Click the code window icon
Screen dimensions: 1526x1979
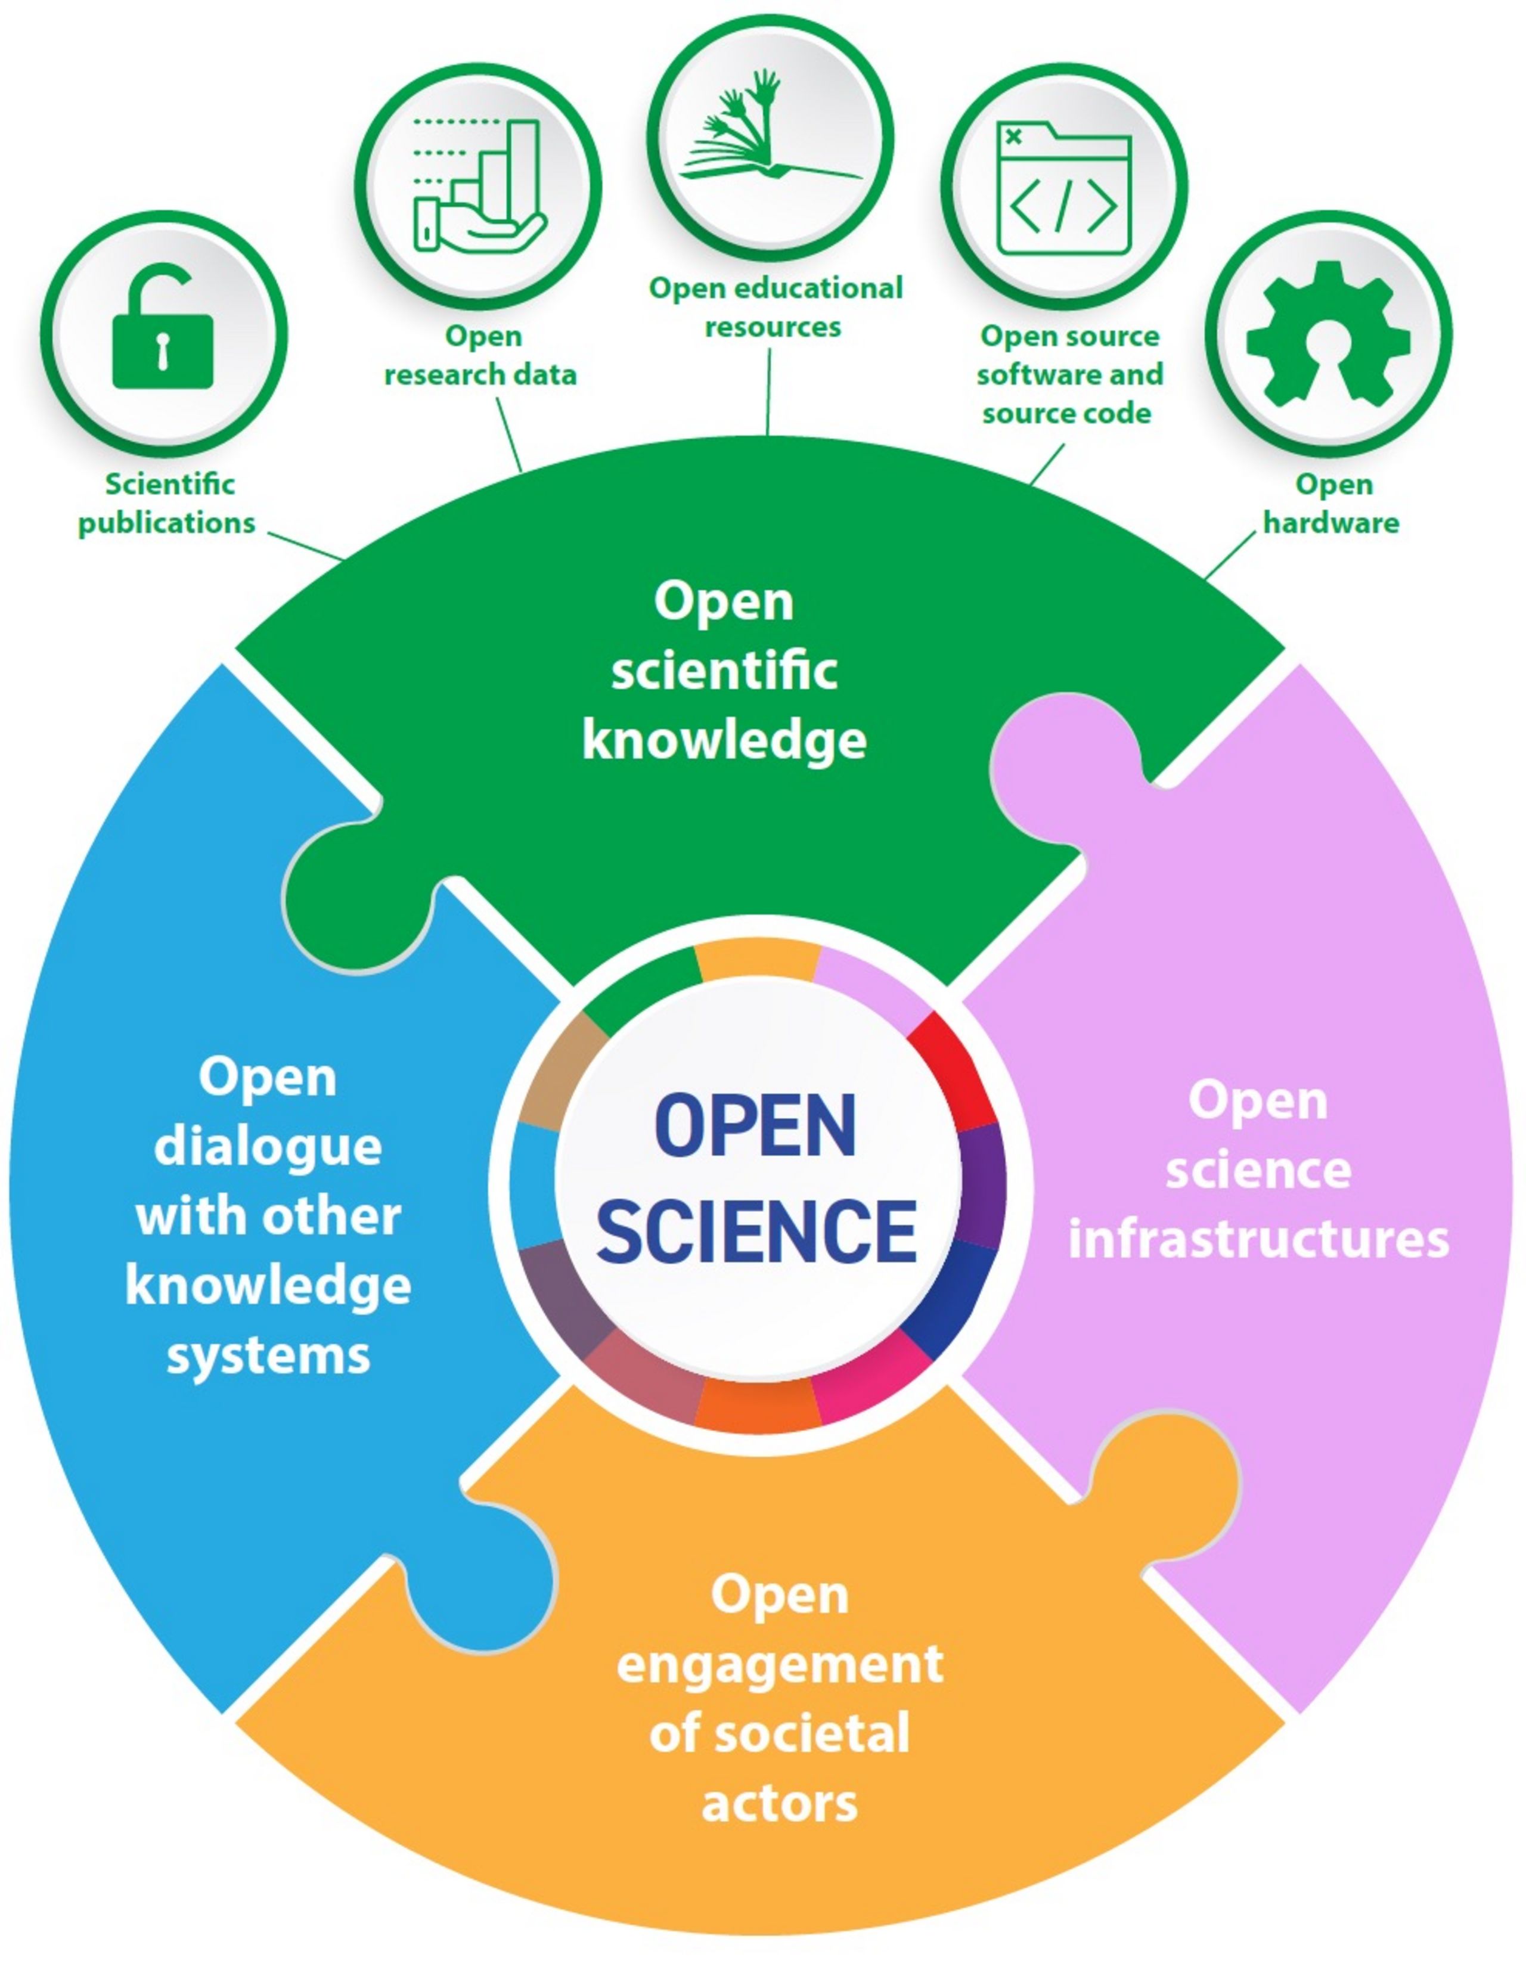pyautogui.click(x=1064, y=188)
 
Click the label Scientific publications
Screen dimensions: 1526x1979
pyautogui.click(x=167, y=503)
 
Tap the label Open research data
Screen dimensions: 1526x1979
pyautogui.click(x=480, y=355)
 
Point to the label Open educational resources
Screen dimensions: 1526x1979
pyautogui.click(x=776, y=307)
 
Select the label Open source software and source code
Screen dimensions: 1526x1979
pyautogui.click(x=1069, y=374)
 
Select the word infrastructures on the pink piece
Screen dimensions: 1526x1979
pyautogui.click(x=1258, y=1239)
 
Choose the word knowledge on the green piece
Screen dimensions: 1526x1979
pyautogui.click(x=724, y=741)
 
